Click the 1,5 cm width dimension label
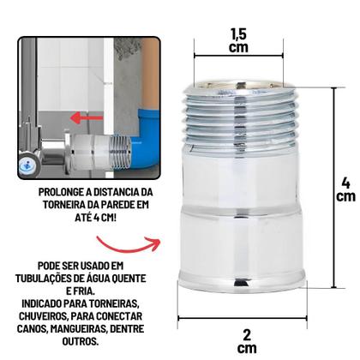238,41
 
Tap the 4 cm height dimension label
345,189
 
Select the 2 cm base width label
247,341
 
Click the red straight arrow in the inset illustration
87,117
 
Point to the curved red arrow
128,244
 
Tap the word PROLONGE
61,192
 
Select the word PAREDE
118,205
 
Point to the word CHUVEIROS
43,316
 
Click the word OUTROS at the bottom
81,341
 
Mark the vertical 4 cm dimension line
333,188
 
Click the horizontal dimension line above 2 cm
243,317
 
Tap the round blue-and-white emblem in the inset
29,165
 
